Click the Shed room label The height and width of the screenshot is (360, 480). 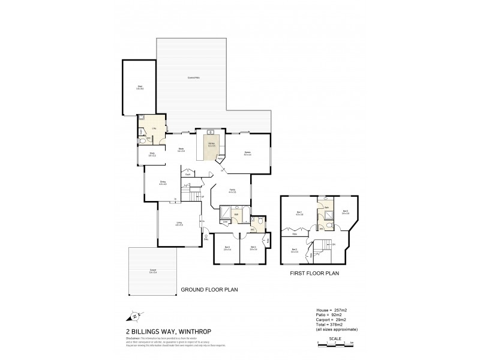coord(140,88)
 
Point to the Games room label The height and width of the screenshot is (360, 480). coord(247,154)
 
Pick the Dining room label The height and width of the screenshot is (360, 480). coord(163,183)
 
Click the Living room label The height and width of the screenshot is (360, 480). coord(179,224)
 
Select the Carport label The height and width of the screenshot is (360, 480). coord(153,271)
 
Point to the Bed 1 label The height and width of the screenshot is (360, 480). coord(299,213)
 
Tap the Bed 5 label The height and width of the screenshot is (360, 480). coord(345,211)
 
